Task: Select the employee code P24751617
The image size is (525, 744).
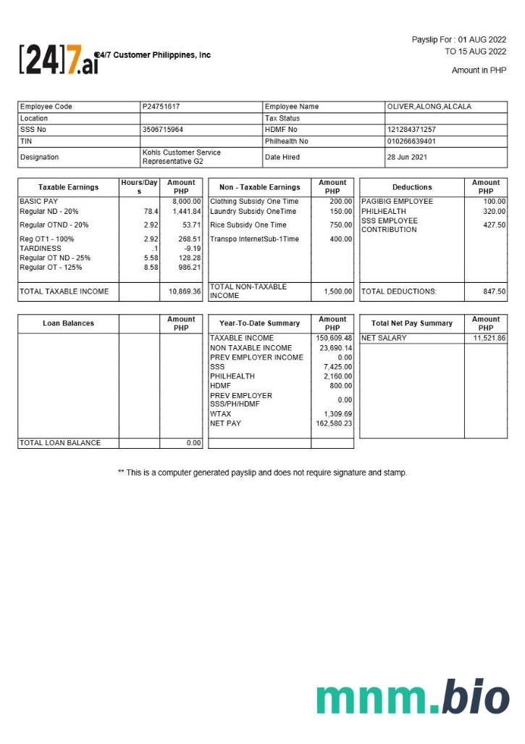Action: pos(161,107)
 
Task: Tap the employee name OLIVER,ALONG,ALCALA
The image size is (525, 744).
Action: pos(429,107)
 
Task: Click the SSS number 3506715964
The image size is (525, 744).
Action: pos(163,130)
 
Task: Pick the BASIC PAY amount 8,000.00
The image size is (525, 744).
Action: pos(187,201)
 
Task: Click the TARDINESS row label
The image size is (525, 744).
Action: pos(41,248)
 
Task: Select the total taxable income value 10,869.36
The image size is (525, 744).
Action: pos(185,292)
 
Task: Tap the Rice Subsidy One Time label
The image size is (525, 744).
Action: pos(248,225)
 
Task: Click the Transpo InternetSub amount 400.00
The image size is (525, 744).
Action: pos(340,239)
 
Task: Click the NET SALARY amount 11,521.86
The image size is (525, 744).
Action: pos(490,338)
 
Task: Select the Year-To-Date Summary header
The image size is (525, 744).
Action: pos(259,323)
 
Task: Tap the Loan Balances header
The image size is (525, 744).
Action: pos(68,323)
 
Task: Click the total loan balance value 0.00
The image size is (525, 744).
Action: pos(193,443)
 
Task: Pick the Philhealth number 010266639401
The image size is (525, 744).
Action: pos(412,141)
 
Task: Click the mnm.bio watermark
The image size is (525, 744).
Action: pos(413,698)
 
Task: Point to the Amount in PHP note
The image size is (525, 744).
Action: pos(479,70)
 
